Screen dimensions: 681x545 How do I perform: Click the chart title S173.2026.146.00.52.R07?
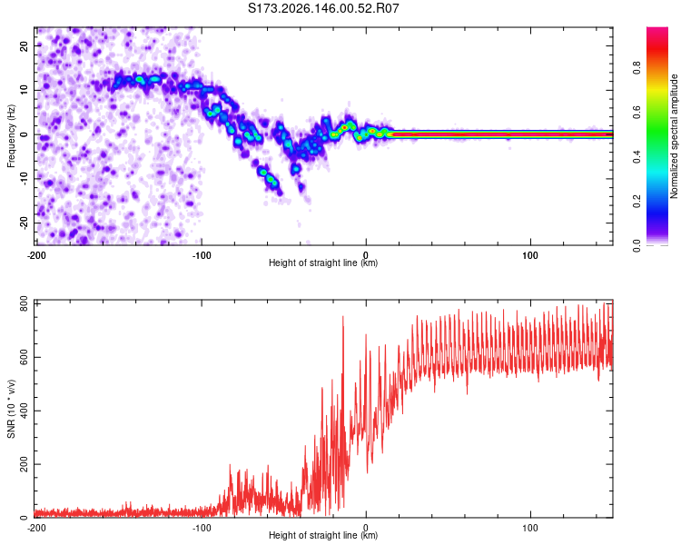(323, 8)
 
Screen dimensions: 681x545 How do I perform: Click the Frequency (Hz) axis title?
(11, 136)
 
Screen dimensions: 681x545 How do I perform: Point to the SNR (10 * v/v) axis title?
(11, 409)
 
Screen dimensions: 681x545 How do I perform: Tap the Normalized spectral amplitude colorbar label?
(674, 136)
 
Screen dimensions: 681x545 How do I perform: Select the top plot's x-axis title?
(323, 263)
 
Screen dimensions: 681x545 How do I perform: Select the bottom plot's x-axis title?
(323, 535)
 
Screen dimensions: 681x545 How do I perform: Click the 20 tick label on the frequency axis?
(24, 46)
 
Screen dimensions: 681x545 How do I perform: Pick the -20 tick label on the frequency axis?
(24, 223)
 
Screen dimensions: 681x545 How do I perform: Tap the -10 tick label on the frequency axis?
(24, 179)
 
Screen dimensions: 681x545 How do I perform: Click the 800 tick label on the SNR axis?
(24, 304)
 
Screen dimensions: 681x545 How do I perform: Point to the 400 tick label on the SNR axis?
(24, 411)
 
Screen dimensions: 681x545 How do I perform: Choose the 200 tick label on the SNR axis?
(24, 464)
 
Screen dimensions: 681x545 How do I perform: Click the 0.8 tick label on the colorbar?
(637, 68)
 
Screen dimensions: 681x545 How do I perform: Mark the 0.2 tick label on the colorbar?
(637, 202)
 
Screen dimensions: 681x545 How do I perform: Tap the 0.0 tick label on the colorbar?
(637, 245)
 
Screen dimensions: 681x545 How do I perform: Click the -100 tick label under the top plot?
(201, 255)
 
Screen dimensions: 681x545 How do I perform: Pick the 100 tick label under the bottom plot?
(530, 528)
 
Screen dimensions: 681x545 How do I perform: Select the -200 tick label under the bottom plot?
(36, 528)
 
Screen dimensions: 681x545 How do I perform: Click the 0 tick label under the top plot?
(366, 255)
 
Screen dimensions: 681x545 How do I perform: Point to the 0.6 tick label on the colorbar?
(637, 112)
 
